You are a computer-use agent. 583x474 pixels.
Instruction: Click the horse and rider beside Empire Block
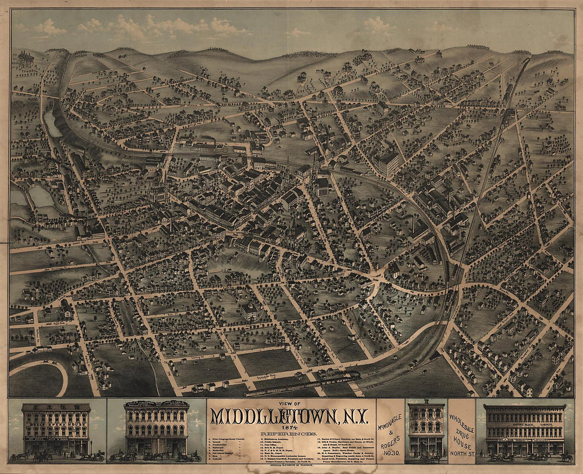click(566, 455)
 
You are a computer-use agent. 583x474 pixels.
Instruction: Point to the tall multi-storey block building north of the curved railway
click(387, 163)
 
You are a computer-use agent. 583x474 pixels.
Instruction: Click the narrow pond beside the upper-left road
click(52, 123)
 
